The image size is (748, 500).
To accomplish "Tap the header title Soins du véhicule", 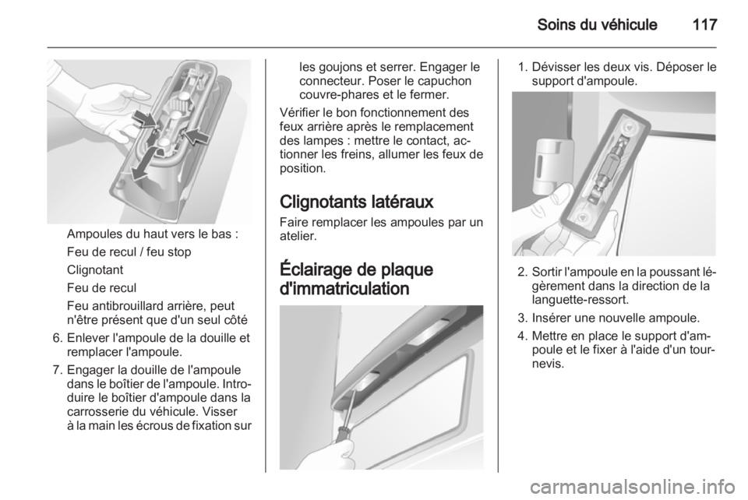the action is pyautogui.click(x=597, y=24).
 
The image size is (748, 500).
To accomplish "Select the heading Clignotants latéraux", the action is pyautogui.click(x=356, y=202).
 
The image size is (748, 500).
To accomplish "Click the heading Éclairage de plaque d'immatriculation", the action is pyautogui.click(x=356, y=279).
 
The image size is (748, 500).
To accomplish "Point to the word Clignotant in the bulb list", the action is pyautogui.click(x=95, y=269).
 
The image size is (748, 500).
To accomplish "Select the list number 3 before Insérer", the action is pyautogui.click(x=522, y=318).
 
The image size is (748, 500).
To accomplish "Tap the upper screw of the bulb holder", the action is pyautogui.click(x=628, y=127).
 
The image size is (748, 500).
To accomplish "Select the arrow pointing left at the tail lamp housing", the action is pyautogui.click(x=196, y=136).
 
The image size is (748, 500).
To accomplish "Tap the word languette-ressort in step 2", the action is pyautogui.click(x=580, y=300).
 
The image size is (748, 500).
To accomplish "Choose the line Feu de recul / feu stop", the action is pyautogui.click(x=129, y=252).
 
